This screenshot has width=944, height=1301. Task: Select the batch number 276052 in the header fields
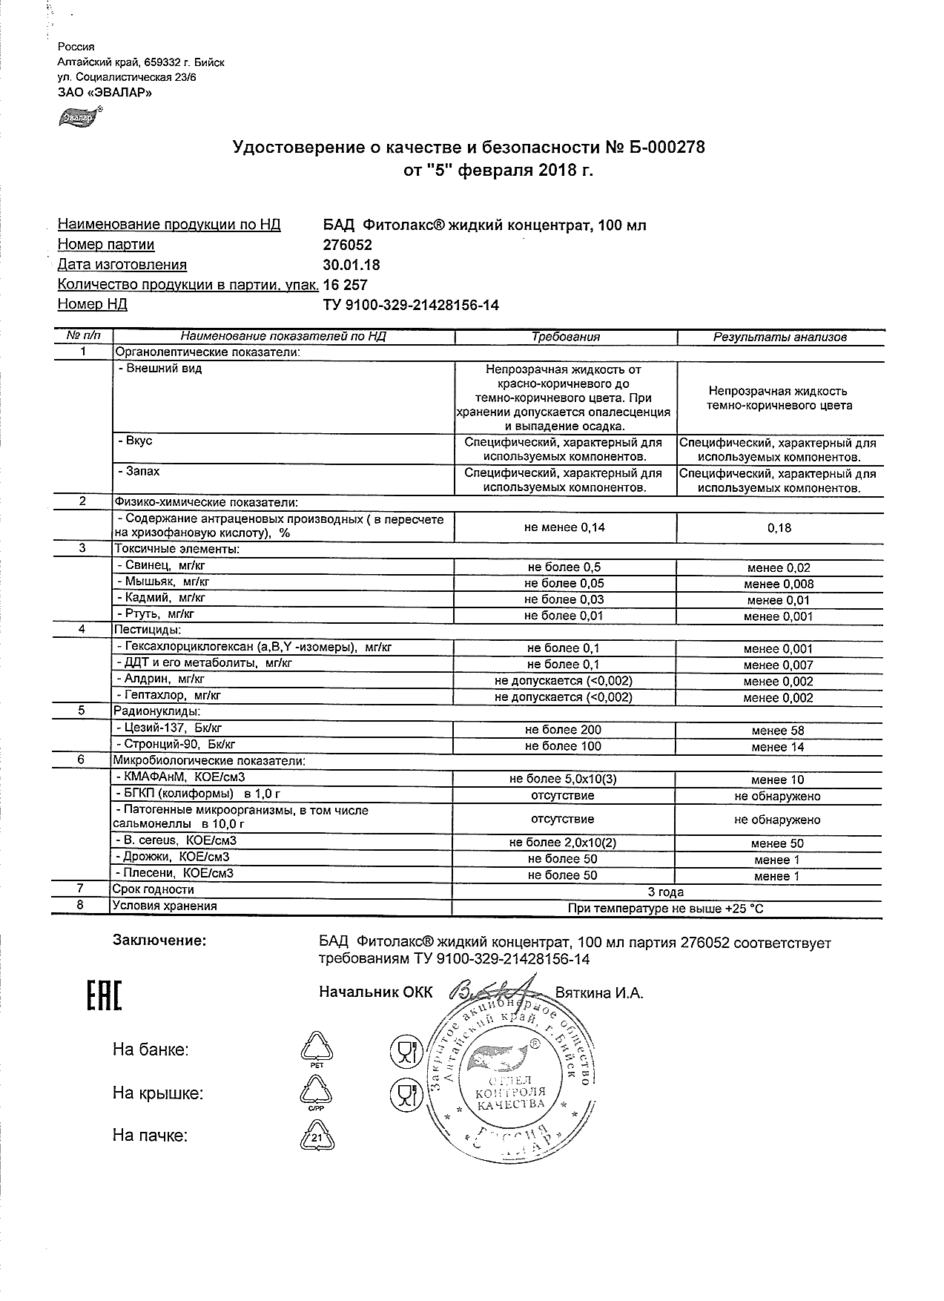[348, 245]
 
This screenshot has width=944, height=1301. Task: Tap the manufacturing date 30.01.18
[351, 265]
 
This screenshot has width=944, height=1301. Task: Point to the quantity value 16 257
[346, 285]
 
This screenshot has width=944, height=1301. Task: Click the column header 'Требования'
[565, 337]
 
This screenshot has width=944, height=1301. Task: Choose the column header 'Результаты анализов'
[779, 337]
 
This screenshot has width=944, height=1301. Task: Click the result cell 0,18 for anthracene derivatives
[779, 528]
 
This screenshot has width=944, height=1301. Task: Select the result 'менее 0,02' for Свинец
[779, 568]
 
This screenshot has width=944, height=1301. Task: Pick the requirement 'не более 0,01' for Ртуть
[564, 616]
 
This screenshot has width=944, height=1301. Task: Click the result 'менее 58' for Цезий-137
[777, 731]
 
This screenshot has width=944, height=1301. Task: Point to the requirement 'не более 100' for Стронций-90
[563, 746]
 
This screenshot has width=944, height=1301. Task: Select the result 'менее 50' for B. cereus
[777, 843]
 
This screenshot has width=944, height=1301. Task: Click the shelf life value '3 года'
[666, 892]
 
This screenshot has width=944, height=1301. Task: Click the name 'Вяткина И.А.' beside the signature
[599, 993]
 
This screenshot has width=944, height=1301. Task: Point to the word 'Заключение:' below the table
[159, 941]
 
